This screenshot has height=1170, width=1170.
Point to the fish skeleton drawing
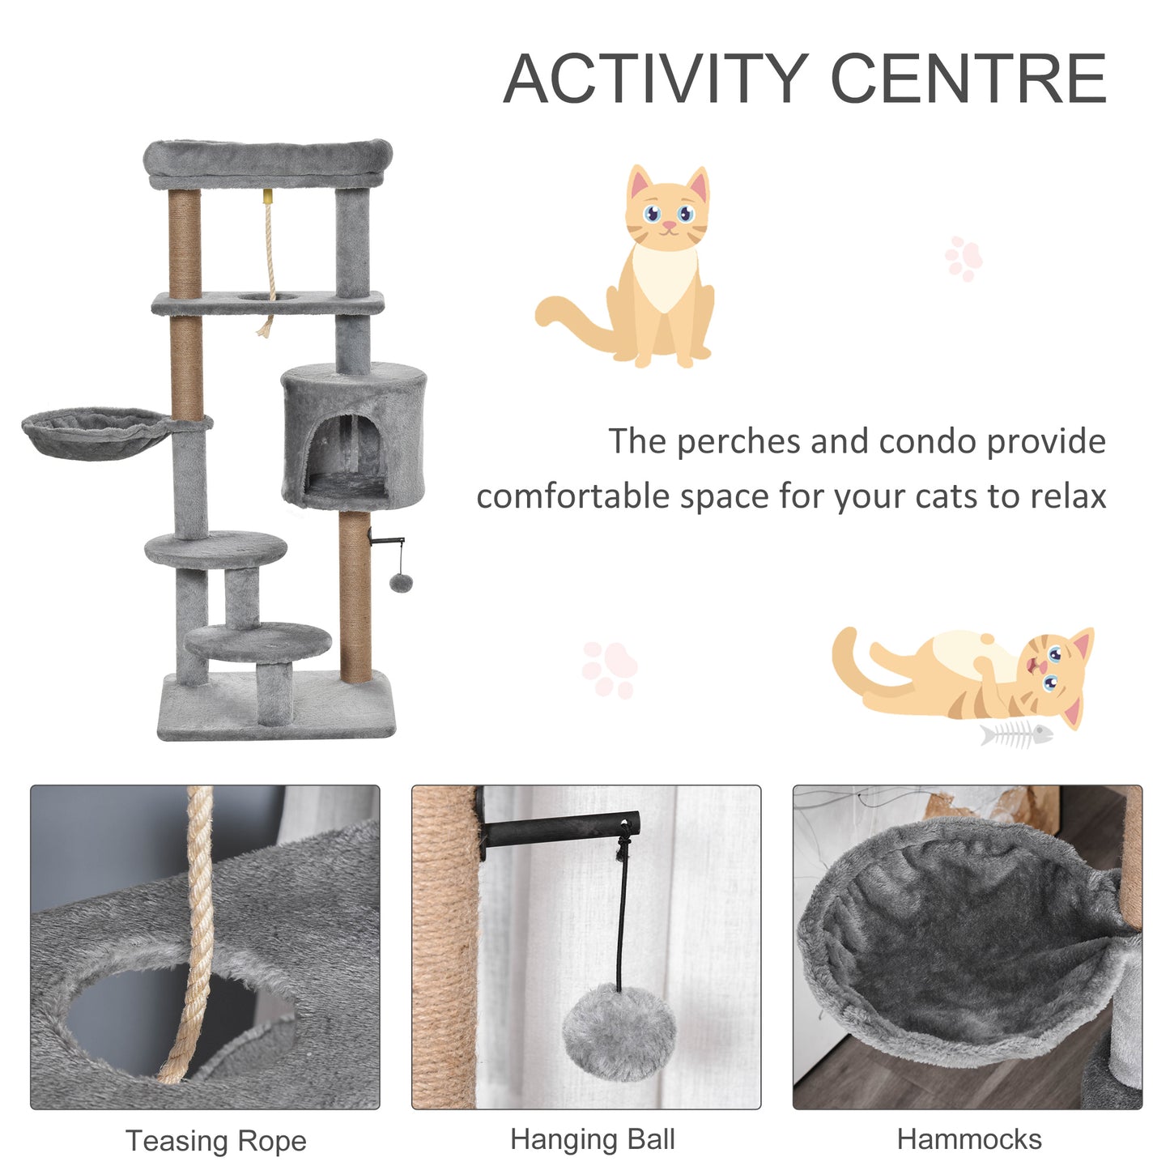pyautogui.click(x=1016, y=734)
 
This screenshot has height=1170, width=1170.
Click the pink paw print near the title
pyautogui.click(x=964, y=258)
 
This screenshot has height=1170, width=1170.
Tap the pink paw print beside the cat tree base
pyautogui.click(x=609, y=670)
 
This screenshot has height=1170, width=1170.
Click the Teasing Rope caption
pyautogui.click(x=216, y=1141)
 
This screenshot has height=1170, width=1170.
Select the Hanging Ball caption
pyautogui.click(x=592, y=1139)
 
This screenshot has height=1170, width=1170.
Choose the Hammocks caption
pyautogui.click(x=968, y=1139)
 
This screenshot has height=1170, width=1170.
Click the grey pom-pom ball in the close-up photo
pyautogui.click(x=619, y=1032)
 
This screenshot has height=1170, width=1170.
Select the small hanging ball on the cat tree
pyautogui.click(x=400, y=582)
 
